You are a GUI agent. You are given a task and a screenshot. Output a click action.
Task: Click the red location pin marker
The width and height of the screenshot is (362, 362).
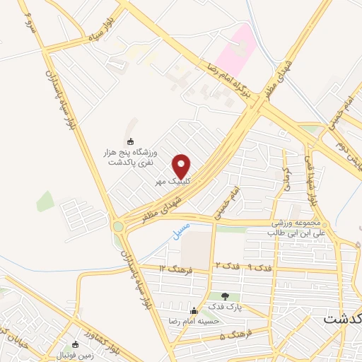point(182,165)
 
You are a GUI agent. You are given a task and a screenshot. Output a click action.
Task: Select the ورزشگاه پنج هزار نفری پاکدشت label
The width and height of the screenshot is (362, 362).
point(132,157)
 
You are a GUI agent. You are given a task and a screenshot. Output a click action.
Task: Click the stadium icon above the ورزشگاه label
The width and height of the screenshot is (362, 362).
point(129,141)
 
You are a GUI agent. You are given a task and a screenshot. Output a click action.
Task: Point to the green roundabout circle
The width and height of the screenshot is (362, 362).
point(117,227)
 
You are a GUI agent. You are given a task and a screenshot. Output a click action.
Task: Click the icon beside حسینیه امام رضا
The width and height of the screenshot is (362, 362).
point(194,310)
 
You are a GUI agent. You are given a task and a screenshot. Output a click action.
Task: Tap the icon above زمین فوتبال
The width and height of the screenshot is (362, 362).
point(75,344)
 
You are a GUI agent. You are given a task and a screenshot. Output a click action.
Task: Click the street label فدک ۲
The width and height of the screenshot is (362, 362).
point(223,265)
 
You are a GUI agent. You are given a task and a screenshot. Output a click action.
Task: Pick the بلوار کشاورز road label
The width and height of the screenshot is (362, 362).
point(99,333)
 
